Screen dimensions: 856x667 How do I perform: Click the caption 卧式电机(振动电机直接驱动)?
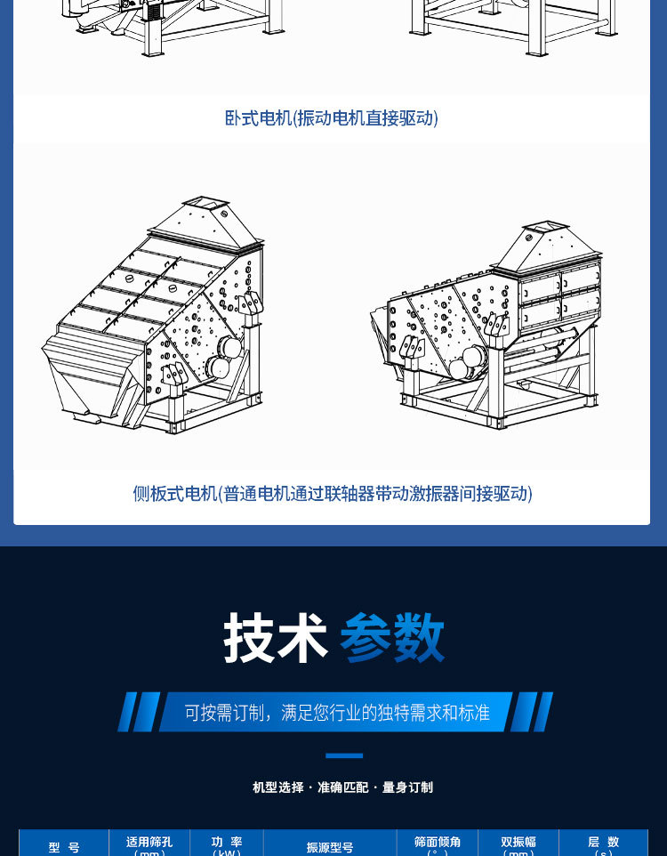(331, 117)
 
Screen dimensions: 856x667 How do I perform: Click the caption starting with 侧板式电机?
(333, 493)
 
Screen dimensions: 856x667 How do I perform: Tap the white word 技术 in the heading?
(276, 638)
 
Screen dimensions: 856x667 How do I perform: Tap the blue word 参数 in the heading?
(392, 638)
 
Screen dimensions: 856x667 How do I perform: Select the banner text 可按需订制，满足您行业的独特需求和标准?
(337, 713)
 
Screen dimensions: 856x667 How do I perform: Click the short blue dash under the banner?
(344, 755)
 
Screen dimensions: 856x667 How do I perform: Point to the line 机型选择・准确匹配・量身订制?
(342, 787)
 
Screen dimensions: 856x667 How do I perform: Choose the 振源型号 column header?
(330, 847)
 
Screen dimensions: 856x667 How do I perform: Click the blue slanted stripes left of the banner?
(139, 712)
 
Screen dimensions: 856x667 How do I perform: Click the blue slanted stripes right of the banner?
(532, 712)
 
